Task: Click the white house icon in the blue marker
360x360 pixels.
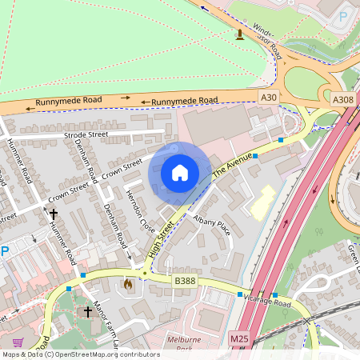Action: click(x=180, y=173)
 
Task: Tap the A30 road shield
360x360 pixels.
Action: click(x=269, y=98)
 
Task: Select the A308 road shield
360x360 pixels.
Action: click(x=342, y=98)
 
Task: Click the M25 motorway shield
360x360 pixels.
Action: click(x=239, y=339)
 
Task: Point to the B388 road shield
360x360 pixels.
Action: click(x=186, y=281)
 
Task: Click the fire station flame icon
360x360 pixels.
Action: click(x=127, y=283)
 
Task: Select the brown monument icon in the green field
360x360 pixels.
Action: click(x=239, y=34)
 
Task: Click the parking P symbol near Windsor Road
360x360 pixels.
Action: click(x=343, y=16)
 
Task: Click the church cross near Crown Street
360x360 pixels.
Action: click(x=54, y=214)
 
